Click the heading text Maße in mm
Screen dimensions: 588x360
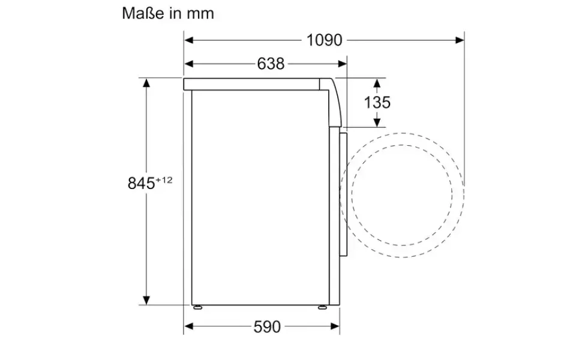(x=168, y=13)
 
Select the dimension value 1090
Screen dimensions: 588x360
(x=325, y=40)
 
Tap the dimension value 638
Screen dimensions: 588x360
(x=271, y=64)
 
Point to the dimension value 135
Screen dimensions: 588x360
(x=377, y=103)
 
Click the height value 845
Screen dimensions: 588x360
(x=141, y=184)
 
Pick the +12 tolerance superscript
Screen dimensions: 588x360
(x=164, y=180)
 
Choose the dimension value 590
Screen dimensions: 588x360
(x=267, y=326)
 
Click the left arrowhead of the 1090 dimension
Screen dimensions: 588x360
(x=188, y=40)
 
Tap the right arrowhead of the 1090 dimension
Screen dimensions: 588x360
(x=460, y=40)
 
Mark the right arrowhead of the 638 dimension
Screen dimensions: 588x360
(x=343, y=64)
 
